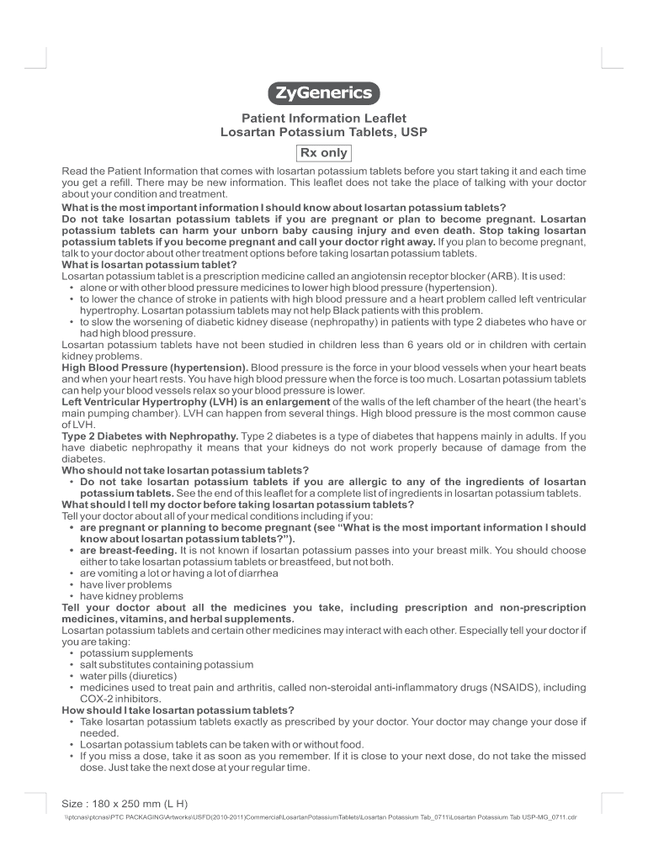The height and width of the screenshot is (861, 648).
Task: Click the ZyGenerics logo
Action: (324, 92)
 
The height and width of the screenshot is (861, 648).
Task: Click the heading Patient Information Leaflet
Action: (324, 119)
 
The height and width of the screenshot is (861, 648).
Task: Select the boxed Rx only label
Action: (324, 152)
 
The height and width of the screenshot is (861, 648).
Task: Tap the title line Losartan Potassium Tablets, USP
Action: (324, 133)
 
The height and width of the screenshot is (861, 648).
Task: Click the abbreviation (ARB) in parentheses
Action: (501, 276)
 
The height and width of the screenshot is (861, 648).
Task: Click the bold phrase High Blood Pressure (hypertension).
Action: (156, 367)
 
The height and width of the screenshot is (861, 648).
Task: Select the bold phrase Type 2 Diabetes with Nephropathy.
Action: (151, 436)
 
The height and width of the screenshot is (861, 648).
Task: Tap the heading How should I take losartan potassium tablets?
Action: (178, 710)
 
